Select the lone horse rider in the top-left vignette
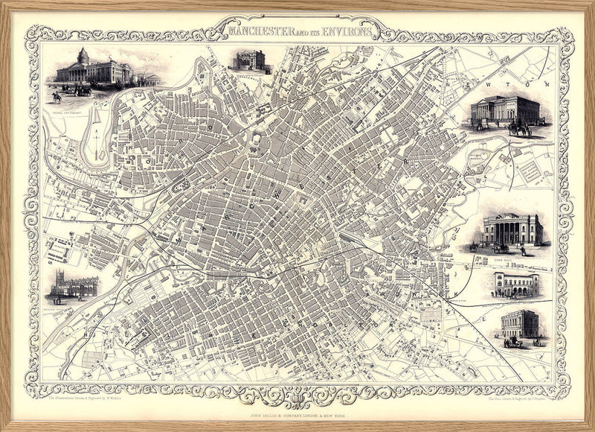[x=57, y=96]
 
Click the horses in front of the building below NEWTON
[x=518, y=130]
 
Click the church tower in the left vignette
[x=59, y=281]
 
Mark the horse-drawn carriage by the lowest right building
[x=512, y=342]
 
